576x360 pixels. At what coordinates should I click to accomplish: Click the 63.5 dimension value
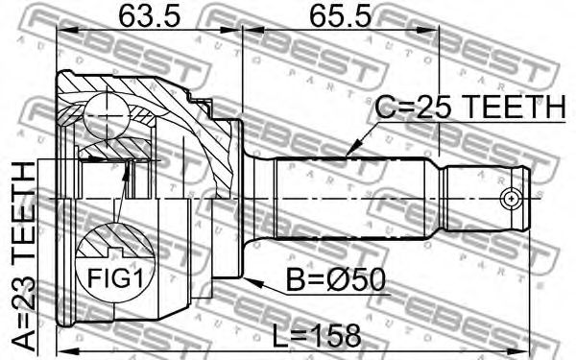pos(150,15)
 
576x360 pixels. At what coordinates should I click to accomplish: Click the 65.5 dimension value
pos(340,15)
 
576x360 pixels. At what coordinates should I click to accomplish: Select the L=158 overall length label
pos(317,335)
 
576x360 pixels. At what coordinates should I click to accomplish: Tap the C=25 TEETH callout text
pos(470,107)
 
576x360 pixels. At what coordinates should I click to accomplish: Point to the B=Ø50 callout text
pos(335,279)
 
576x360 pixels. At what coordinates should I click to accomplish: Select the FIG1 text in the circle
pos(114,277)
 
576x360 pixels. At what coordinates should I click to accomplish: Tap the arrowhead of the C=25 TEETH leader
pos(351,149)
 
